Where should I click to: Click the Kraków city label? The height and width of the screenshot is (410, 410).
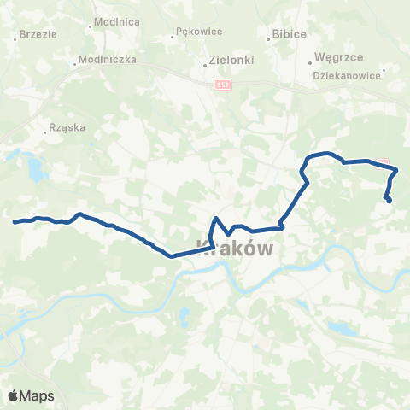pos(235,248)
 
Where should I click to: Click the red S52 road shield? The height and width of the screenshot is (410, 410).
pos(222,84)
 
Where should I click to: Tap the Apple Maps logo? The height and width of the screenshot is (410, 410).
pos(30,395)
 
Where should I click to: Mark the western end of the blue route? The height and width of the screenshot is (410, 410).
pos(15,222)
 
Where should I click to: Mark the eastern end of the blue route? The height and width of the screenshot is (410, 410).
pos(389,202)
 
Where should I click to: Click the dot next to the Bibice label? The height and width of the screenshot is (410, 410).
pos(266,34)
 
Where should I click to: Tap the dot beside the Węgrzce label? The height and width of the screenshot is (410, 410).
pos(309,61)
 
